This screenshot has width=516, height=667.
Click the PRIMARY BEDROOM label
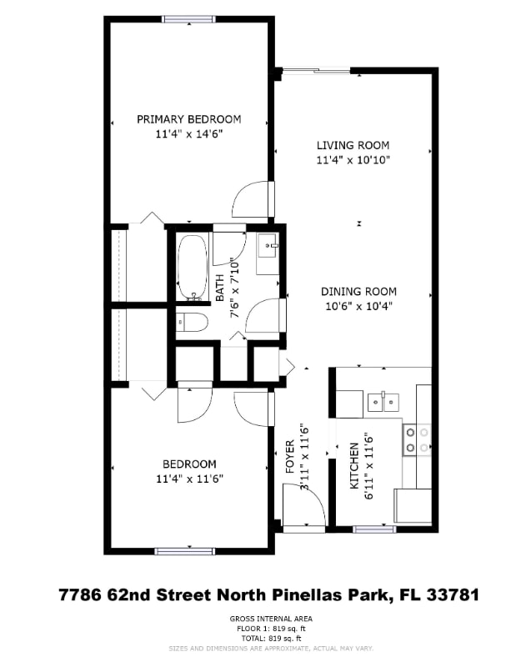pos(189,119)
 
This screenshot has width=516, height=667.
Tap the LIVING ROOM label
pos(353,145)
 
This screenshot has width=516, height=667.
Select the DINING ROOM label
pos(358,292)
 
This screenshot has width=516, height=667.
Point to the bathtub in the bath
pos(193,267)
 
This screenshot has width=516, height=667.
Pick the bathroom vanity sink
pos(268,248)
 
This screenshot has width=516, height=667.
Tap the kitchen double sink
pos(384,403)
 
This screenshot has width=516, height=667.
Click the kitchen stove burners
pos(416,439)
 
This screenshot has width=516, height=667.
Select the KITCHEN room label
pos(353,465)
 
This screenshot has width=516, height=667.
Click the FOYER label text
pos(290,457)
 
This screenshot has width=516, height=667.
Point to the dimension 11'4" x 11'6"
pos(189,479)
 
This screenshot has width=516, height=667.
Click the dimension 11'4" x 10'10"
pos(353,159)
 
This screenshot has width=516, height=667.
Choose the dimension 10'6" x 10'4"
pos(358,306)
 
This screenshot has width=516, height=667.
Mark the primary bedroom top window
pos(189,19)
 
